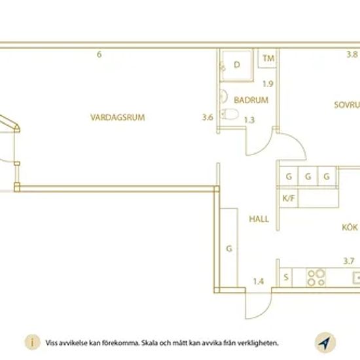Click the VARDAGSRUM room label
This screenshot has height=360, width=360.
(118, 117)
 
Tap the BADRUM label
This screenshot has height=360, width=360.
(251, 100)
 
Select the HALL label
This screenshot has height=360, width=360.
(259, 219)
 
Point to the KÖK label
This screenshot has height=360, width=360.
(350, 227)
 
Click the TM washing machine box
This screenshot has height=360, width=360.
(267, 58)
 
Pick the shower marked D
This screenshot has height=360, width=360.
(237, 65)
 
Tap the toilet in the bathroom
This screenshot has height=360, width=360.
(230, 114)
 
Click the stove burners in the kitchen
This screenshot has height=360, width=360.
(316, 278)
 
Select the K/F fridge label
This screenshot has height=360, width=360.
(289, 198)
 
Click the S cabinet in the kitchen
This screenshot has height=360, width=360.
(285, 277)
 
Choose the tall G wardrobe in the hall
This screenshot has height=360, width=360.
(229, 247)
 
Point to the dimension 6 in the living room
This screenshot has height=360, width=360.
(99, 54)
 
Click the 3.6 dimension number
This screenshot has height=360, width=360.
(207, 117)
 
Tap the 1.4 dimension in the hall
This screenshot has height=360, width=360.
(259, 281)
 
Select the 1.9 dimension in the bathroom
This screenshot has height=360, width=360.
(268, 84)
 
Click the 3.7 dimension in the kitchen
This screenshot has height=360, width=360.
(349, 261)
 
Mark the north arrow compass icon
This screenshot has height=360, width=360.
(325, 343)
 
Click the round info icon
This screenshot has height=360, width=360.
(32, 342)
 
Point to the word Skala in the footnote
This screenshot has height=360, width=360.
(149, 343)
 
